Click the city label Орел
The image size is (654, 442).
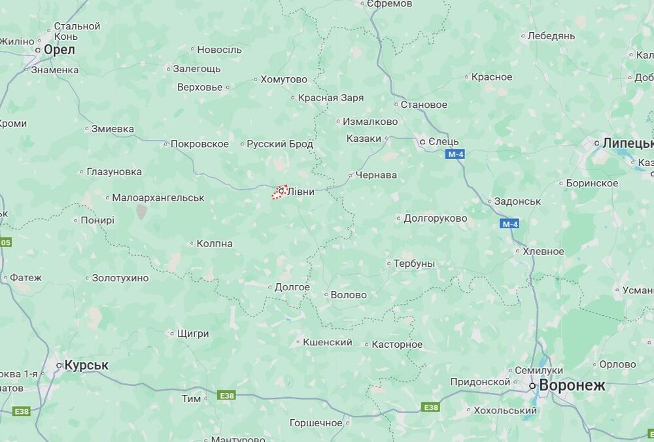tap(59, 50)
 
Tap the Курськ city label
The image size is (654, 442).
tap(86, 365)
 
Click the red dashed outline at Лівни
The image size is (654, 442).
tap(281, 192)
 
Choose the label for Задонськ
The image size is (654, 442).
tap(517, 201)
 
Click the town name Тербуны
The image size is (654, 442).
tap(414, 263)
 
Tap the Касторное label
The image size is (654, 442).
tap(397, 344)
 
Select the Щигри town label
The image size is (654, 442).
tap(193, 333)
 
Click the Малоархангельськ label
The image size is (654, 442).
tap(158, 197)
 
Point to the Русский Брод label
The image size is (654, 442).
tap(280, 144)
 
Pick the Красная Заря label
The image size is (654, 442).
tap(331, 98)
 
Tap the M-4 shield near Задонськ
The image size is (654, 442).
tap(510, 224)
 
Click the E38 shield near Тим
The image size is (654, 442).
tap(227, 396)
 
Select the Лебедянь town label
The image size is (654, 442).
tap(551, 36)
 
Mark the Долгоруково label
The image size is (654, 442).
tap(436, 218)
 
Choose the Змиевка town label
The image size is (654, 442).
tap(112, 129)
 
